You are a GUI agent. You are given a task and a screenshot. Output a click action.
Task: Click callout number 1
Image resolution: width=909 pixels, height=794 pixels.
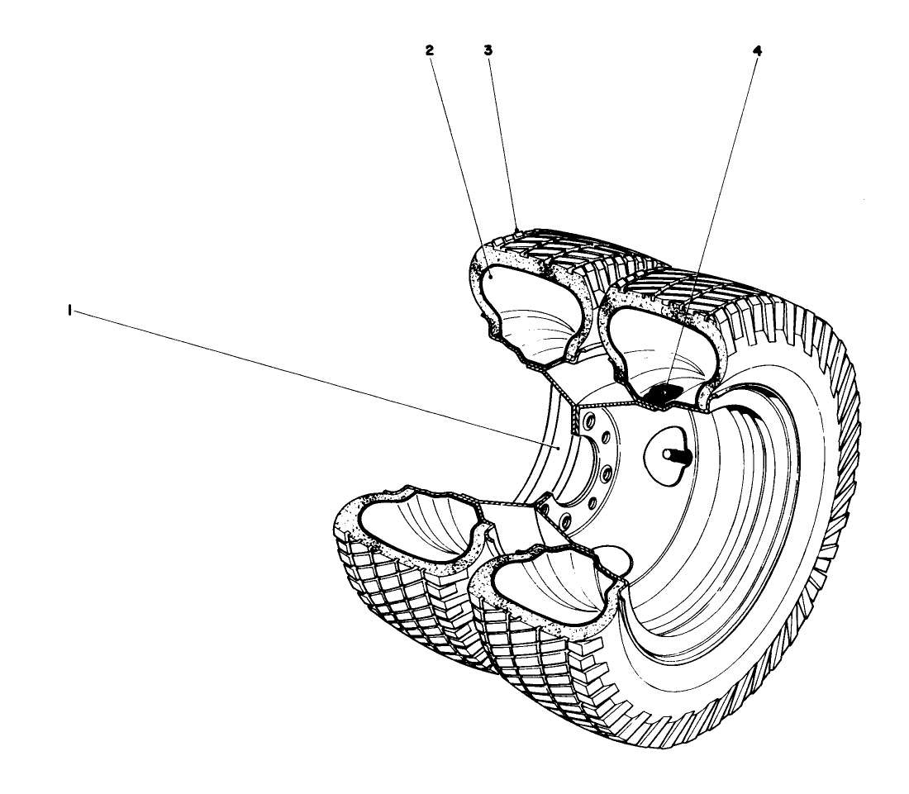tap(70, 311)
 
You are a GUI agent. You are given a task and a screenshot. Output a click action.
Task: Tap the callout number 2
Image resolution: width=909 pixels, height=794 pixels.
tap(430, 50)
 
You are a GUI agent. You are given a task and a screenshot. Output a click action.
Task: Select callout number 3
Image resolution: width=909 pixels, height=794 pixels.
tap(488, 50)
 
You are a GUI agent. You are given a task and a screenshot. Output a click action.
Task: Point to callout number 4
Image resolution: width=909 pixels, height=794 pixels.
tap(757, 51)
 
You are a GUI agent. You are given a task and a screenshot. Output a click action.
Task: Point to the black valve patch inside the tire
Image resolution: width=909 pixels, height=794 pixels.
tap(659, 393)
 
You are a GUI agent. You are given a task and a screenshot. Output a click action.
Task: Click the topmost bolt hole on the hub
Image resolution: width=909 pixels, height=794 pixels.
tap(591, 418)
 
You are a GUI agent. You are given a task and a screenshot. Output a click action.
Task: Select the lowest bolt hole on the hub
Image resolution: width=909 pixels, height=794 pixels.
tap(564, 521)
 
